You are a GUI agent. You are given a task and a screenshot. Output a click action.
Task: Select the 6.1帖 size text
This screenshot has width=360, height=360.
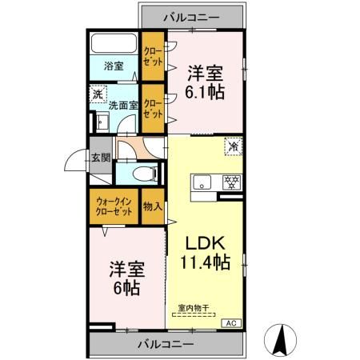point(205,90)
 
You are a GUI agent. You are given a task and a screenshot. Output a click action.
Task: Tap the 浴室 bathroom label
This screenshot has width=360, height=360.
point(113,66)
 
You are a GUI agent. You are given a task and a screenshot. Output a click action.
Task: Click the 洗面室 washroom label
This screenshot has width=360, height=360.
point(124,104)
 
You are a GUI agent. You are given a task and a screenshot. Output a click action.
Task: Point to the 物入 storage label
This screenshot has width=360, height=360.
point(152,206)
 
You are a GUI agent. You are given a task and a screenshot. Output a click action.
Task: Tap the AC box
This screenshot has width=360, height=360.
point(231,322)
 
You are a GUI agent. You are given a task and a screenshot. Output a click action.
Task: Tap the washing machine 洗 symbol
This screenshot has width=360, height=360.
point(97,94)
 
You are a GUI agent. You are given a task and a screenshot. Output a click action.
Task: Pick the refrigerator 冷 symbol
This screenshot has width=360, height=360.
point(233,147)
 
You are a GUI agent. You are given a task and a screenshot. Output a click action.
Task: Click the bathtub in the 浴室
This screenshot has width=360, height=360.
point(114,45)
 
